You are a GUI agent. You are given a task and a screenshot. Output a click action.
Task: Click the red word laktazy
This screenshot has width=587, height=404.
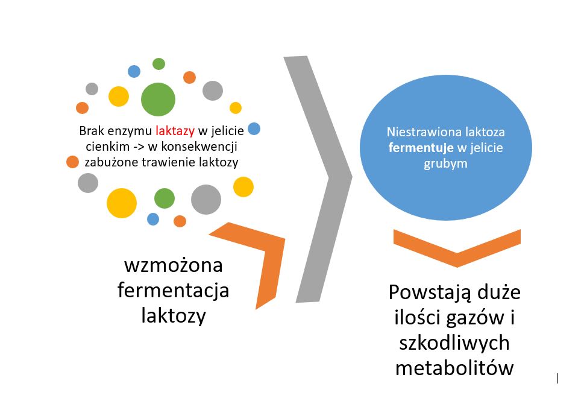pos(174,130)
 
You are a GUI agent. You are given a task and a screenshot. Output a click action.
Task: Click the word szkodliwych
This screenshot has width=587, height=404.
pos(454,342)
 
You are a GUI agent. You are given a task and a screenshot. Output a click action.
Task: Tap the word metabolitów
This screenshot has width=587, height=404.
pos(454,367)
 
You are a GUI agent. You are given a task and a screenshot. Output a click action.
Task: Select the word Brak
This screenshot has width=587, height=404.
pos(90,130)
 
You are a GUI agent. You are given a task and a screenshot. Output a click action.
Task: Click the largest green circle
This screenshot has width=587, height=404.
pos(158,99)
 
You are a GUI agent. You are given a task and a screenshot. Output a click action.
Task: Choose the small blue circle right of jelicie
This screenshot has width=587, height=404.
pos(254,128)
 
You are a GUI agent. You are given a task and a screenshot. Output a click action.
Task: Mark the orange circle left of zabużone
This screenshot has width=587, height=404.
pos(72,162)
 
